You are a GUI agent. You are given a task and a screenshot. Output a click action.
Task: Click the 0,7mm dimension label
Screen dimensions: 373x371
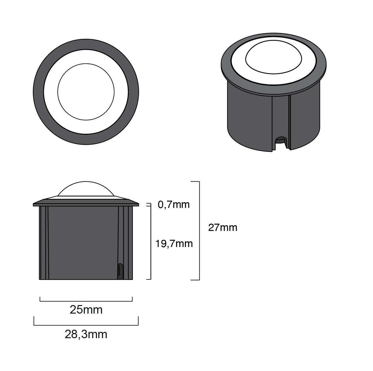[x=174, y=204]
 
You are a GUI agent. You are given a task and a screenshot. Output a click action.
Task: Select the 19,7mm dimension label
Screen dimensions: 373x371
[x=174, y=244]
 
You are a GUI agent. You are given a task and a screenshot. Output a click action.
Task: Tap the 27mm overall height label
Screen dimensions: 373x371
[x=223, y=227]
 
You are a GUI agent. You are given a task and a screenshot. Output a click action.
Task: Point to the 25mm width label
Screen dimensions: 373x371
[x=86, y=310]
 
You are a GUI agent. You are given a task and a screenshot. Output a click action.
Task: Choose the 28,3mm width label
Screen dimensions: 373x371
[x=86, y=334]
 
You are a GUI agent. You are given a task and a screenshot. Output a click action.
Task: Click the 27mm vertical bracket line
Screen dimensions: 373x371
[x=199, y=231]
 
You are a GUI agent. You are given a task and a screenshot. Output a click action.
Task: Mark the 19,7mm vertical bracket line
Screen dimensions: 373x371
[x=151, y=243]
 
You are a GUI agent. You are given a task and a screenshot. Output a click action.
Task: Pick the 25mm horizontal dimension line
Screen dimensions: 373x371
[x=86, y=301]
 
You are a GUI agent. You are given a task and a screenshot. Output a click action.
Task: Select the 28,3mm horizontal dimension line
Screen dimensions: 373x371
[x=86, y=325]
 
